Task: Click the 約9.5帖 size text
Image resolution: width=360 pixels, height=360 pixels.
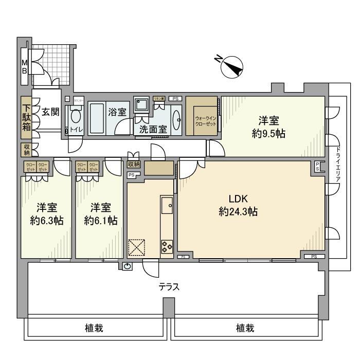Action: pyautogui.click(x=268, y=134)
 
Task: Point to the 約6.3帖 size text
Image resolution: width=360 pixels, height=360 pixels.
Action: pyautogui.click(x=46, y=221)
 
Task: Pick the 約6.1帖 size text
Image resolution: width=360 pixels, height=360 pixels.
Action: pyautogui.click(x=101, y=221)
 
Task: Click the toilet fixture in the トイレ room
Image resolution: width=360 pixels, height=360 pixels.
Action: pyautogui.click(x=76, y=117)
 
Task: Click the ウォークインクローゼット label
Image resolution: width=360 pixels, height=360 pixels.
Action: pyautogui.click(x=202, y=121)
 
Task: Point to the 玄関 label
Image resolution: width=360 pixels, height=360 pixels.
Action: pyautogui.click(x=50, y=112)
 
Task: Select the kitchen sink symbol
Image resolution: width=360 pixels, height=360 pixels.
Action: pyautogui.click(x=168, y=206)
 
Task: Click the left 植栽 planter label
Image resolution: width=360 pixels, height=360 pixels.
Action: pyautogui.click(x=96, y=328)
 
